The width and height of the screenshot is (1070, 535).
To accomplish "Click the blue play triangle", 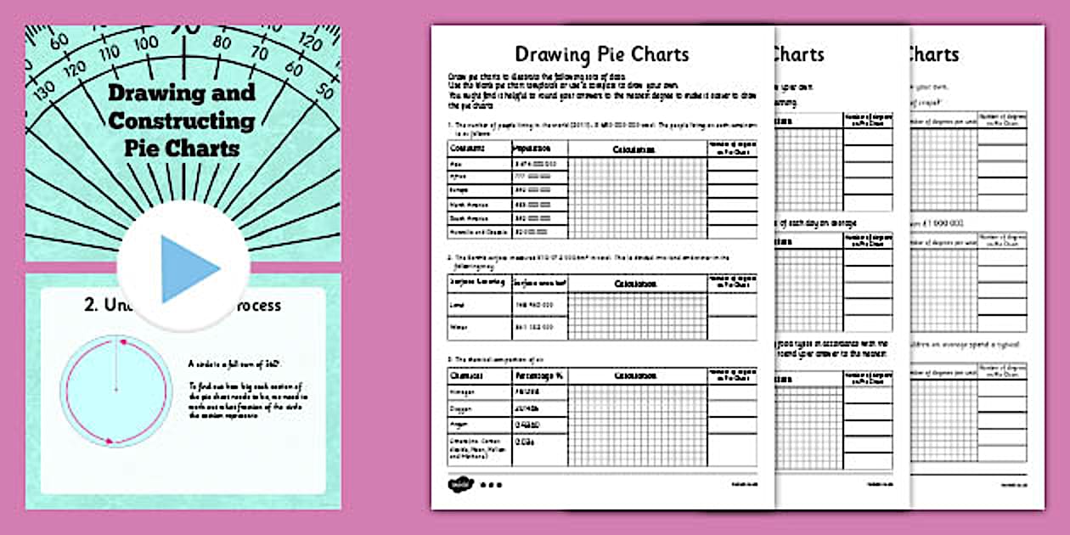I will pyautogui.click(x=188, y=269).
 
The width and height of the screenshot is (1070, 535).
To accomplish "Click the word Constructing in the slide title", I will pyautogui.click(x=181, y=120).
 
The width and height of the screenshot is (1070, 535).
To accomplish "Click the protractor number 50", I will pyautogui.click(x=324, y=90).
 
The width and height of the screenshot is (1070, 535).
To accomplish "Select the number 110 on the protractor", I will pyautogui.click(x=110, y=53).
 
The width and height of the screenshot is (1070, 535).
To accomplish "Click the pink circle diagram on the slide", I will pyautogui.click(x=115, y=391).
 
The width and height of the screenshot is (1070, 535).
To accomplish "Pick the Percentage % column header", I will pyautogui.click(x=538, y=375).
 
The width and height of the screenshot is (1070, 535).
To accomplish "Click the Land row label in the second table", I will pyautogui.click(x=458, y=302).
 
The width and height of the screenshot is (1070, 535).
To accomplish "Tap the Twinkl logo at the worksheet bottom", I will pyautogui.click(x=459, y=484).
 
